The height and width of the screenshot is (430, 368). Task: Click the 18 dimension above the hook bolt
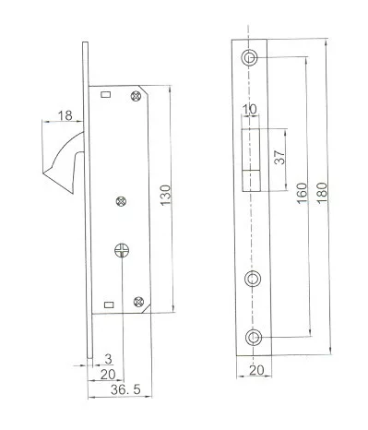click(x=65, y=115)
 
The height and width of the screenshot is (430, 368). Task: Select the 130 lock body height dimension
click(x=165, y=196)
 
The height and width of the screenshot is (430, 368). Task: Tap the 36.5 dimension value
click(x=125, y=389)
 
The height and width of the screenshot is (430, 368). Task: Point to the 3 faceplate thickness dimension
click(x=108, y=359)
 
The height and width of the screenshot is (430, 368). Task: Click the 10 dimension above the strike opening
click(x=249, y=109)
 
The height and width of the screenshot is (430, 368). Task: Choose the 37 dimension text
click(x=279, y=157)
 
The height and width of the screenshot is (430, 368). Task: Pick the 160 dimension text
click(x=302, y=193)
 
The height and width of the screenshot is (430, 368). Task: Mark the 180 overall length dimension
click(x=322, y=193)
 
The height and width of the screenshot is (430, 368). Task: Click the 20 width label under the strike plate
click(x=256, y=370)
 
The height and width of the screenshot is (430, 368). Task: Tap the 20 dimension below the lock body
click(x=108, y=375)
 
